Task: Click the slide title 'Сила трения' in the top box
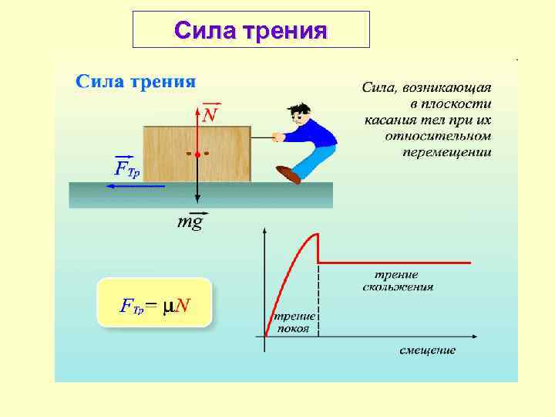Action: coord(251,31)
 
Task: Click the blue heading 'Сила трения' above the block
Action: coord(135,81)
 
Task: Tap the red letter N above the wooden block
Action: coord(210,115)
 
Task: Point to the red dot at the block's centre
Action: coord(198,155)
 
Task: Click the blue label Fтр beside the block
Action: coord(127,168)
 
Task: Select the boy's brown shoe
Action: coord(288,175)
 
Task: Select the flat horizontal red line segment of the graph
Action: coord(393,263)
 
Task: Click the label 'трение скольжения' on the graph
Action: coord(397,281)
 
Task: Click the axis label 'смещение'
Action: coord(427,351)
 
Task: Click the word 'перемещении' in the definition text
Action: coord(446,151)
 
